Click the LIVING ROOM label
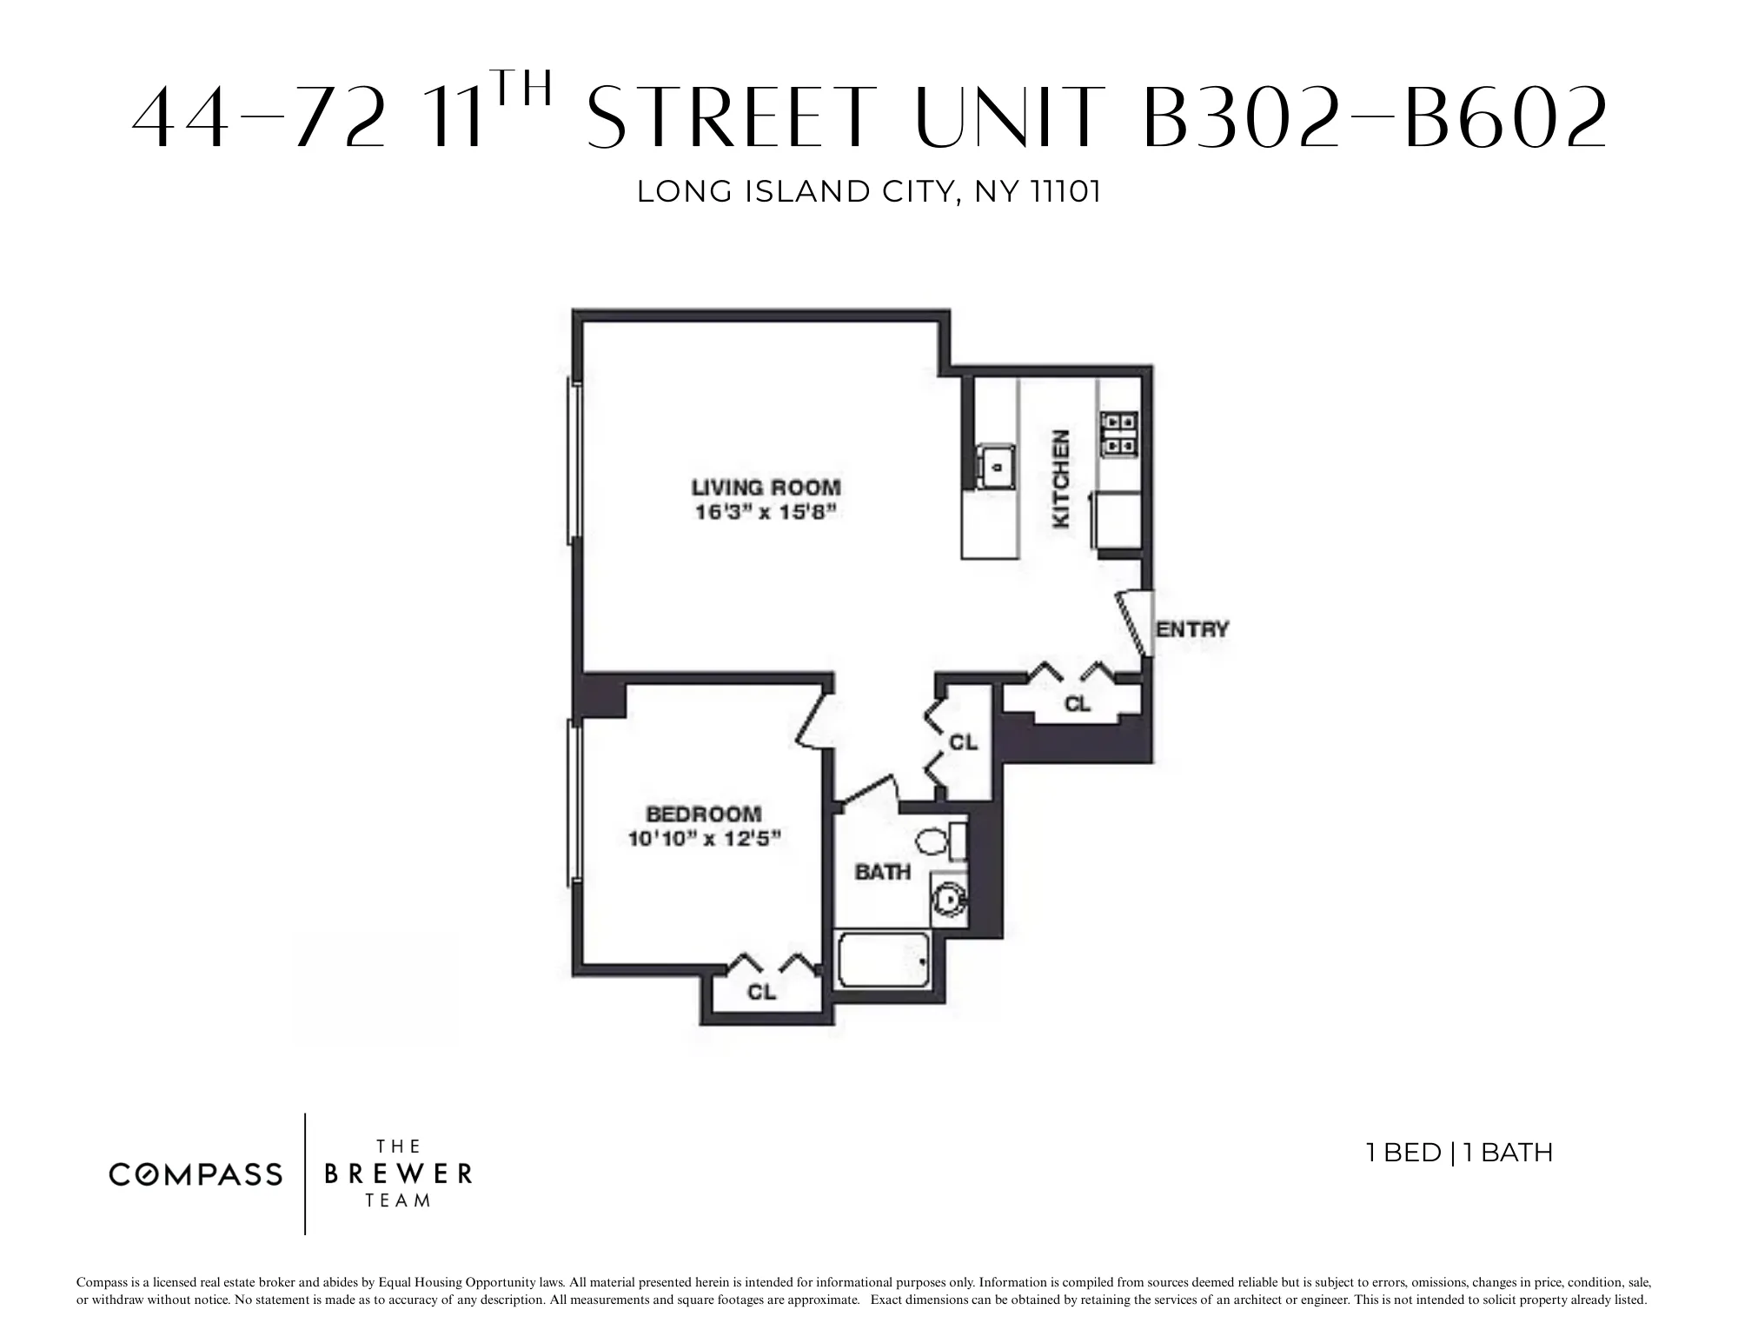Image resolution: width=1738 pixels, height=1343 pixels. pyautogui.click(x=766, y=487)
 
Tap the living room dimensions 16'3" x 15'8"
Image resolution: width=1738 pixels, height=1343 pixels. pyautogui.click(x=766, y=512)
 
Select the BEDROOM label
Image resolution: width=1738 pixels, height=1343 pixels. pyautogui.click(x=704, y=814)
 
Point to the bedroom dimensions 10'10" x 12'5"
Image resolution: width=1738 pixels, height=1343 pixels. pyautogui.click(x=704, y=839)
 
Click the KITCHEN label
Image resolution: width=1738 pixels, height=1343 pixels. pyautogui.click(x=1061, y=479)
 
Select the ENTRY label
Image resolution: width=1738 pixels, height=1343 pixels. pyautogui.click(x=1192, y=629)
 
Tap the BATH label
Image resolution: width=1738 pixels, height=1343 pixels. pyautogui.click(x=883, y=872)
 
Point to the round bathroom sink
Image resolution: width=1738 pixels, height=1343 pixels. pyautogui.click(x=947, y=897)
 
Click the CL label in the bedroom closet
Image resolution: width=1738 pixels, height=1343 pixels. pyautogui.click(x=761, y=992)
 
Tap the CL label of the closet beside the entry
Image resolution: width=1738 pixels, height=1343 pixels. pyautogui.click(x=1078, y=704)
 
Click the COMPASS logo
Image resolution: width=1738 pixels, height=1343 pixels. pyautogui.click(x=196, y=1175)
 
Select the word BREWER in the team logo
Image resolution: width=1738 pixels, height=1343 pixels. pyautogui.click(x=398, y=1174)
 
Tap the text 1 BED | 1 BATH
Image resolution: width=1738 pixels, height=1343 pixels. pyautogui.click(x=1459, y=1153)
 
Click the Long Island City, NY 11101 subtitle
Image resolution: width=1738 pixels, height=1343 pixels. pyautogui.click(x=869, y=191)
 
